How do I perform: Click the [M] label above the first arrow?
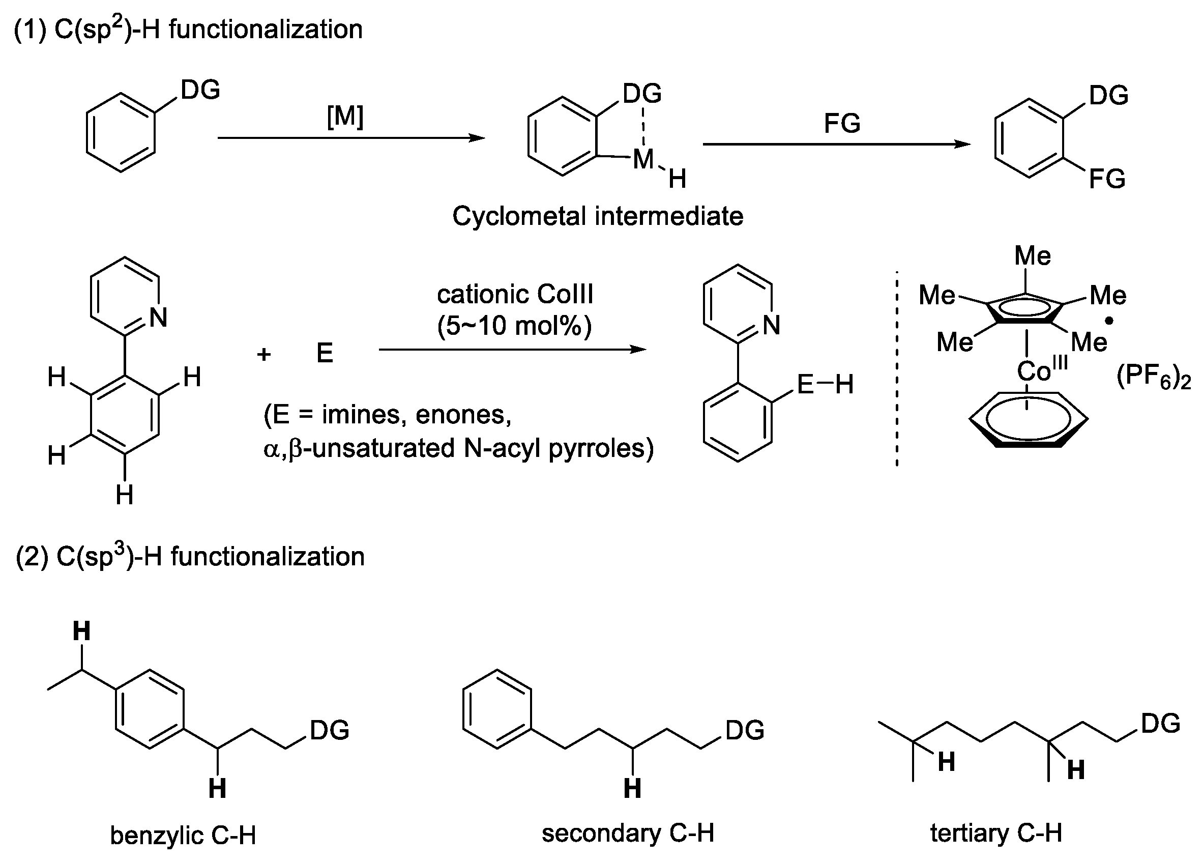click(345, 116)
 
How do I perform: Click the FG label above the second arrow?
click(842, 124)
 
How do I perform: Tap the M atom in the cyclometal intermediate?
click(643, 159)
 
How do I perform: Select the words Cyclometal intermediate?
click(598, 216)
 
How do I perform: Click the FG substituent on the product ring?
click(1107, 179)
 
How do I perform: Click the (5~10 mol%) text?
click(514, 325)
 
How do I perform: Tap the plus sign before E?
click(263, 354)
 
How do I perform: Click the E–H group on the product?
click(826, 384)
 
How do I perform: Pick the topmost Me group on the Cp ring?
click(1032, 256)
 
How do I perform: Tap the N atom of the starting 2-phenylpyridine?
click(159, 318)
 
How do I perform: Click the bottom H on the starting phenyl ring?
click(125, 496)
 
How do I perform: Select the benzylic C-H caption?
click(183, 836)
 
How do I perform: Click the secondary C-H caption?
click(628, 833)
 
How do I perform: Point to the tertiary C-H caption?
click(996, 833)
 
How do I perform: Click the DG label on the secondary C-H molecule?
click(744, 730)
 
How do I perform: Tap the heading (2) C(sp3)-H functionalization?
click(190, 557)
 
